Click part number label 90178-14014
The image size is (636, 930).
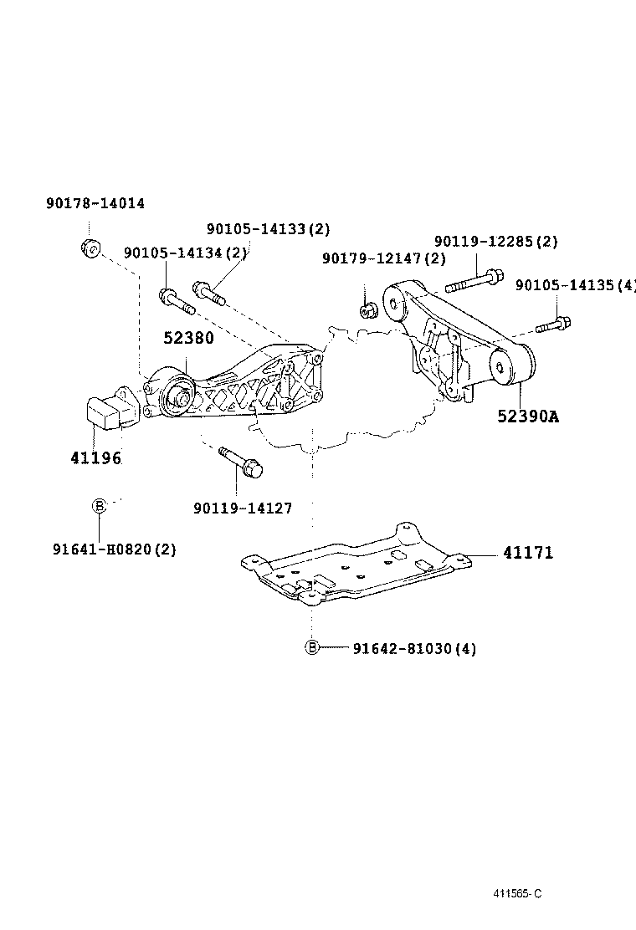point(95,203)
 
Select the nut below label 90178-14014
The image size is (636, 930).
point(90,248)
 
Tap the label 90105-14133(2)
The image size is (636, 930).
point(268,229)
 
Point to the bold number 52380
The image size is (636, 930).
point(188,339)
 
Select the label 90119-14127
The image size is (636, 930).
point(242,508)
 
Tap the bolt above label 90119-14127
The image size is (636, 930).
point(241,462)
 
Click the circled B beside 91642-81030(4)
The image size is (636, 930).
point(311,647)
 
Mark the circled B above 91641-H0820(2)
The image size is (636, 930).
point(99,505)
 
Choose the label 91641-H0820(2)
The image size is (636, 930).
point(114,549)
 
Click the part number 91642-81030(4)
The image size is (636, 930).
point(414,648)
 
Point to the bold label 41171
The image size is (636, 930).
point(528,553)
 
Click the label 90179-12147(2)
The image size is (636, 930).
point(382,259)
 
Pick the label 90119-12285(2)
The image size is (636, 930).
point(495,242)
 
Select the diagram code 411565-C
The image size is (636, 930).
point(516,892)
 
